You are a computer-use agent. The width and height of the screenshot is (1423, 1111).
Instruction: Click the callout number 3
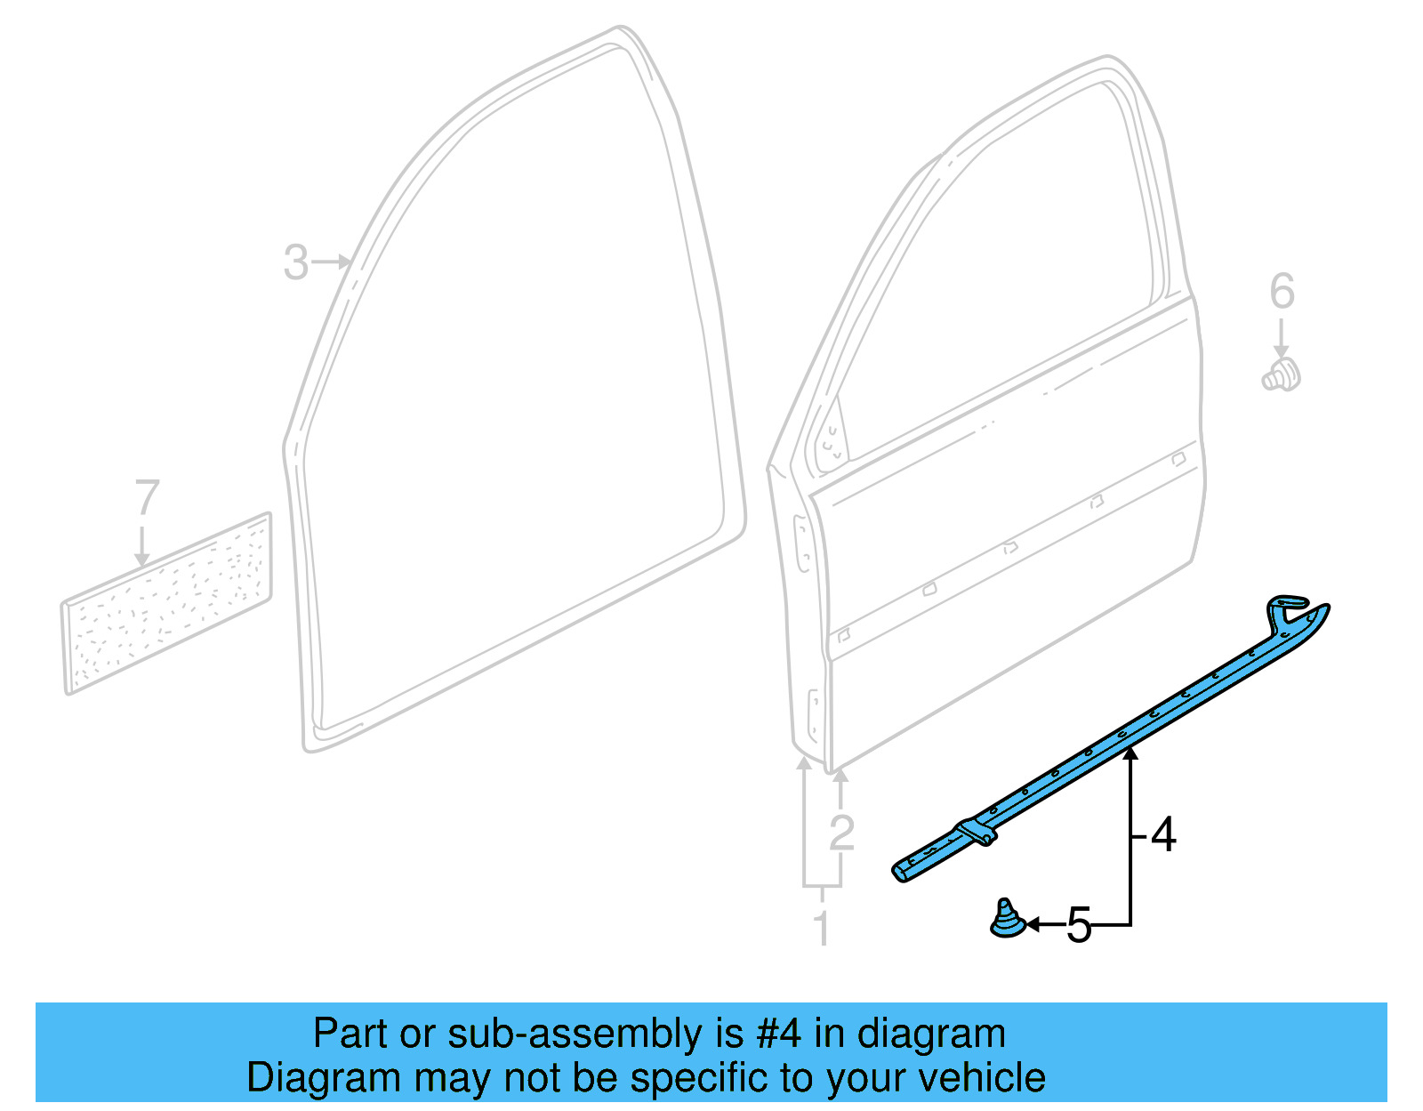[296, 262]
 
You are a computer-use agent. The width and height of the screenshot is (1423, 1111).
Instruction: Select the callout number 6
[1282, 292]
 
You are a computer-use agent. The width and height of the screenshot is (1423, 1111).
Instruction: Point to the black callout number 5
[1078, 926]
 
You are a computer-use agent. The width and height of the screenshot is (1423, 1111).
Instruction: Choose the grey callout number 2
[841, 833]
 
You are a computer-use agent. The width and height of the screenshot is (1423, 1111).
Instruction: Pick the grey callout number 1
[823, 929]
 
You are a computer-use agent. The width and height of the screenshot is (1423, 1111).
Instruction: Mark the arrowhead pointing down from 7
[142, 559]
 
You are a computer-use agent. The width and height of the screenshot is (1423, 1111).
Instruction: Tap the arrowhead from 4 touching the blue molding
[1130, 754]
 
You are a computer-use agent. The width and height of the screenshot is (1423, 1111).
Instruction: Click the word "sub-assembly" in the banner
[575, 1035]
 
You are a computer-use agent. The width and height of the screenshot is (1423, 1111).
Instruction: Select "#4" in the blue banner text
[778, 1035]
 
